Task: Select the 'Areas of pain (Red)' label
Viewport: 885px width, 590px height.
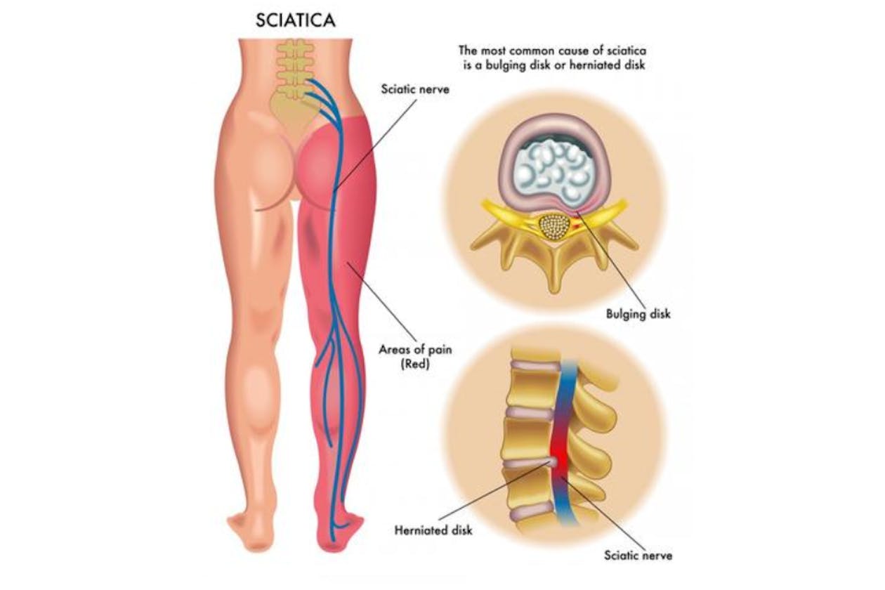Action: (x=406, y=356)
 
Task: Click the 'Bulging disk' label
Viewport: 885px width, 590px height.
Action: (x=638, y=314)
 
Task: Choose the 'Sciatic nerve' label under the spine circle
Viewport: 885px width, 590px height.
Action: (x=638, y=556)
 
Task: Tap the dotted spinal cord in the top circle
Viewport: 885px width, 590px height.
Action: (x=553, y=227)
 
